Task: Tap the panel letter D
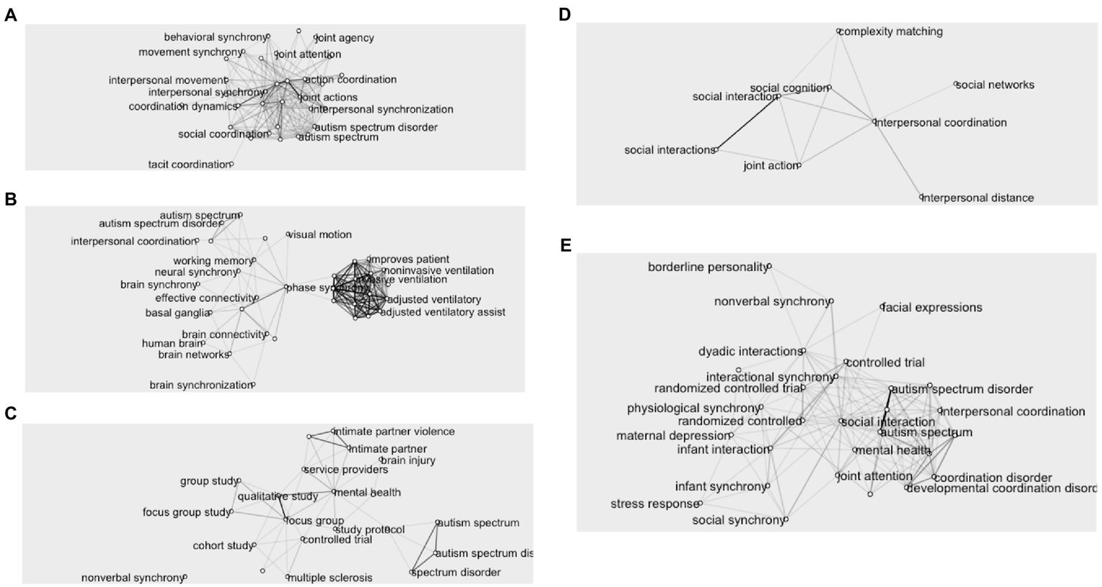[x=564, y=14]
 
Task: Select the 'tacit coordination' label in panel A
[x=188, y=164]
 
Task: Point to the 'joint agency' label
[x=345, y=38]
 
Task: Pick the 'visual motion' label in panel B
[x=321, y=235]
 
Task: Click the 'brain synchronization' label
[x=200, y=385]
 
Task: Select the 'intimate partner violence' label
[x=394, y=431]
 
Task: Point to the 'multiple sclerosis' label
[x=330, y=578]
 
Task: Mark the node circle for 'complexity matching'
[x=839, y=32]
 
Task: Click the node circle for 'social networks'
[x=956, y=85]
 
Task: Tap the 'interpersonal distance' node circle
[x=922, y=197]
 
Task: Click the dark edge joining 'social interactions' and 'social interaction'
[x=747, y=123]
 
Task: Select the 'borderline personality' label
[x=707, y=268]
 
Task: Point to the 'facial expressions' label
[x=933, y=307]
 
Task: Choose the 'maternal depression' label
[x=673, y=436]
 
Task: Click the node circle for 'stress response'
[x=699, y=504]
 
